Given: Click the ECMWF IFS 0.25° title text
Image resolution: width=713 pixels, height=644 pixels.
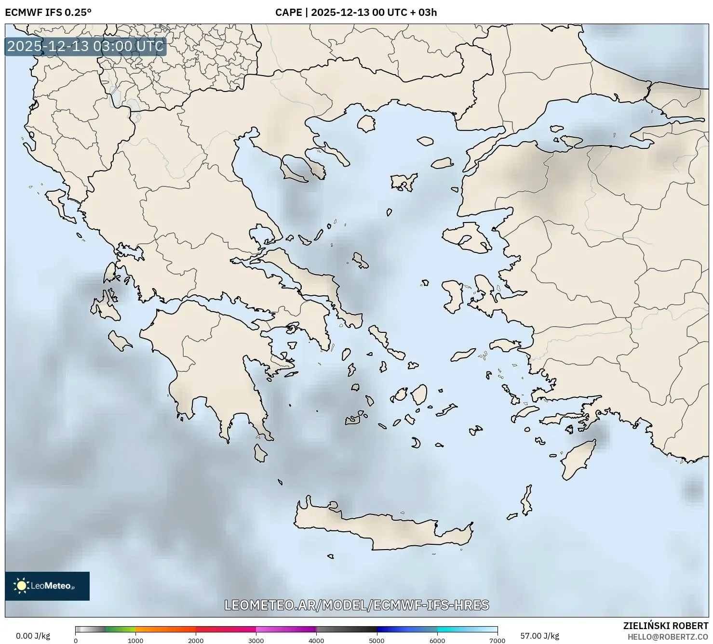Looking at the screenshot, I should point(48,12).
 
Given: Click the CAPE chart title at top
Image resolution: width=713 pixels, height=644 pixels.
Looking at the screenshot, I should point(356,12).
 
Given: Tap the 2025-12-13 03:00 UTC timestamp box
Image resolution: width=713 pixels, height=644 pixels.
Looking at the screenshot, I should point(85,47).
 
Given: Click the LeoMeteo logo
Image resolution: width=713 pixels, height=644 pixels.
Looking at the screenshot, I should point(47,586).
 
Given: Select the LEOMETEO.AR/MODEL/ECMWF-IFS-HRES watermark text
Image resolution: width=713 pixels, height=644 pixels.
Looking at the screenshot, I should point(357,605).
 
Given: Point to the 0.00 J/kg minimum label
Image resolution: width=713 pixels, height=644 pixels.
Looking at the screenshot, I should point(33,636).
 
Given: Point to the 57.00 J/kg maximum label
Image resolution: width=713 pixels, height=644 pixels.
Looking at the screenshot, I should point(540,636).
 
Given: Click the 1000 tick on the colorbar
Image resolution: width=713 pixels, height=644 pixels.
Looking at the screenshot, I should point(135,640).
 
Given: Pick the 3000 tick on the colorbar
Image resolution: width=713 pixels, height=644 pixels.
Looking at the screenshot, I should point(256,640).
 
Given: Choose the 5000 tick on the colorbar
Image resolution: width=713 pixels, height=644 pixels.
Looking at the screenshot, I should point(377,640).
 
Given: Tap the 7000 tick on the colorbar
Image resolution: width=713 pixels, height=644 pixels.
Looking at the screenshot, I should point(497,640).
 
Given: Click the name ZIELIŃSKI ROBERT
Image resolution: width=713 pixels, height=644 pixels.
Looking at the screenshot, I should point(666,626).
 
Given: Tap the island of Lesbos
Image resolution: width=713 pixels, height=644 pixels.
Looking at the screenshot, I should point(465,237).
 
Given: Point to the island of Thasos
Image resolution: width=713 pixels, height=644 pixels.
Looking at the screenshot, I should point(366,123).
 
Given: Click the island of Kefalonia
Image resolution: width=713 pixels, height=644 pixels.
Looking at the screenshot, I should point(107,307).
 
